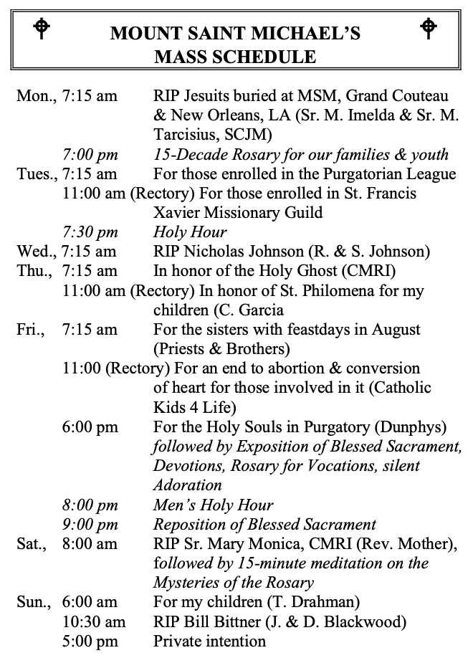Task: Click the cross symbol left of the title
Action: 43,28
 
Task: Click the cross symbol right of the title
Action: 428,28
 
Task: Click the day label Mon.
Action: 34,96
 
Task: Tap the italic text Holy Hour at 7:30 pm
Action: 190,232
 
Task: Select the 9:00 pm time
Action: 90,524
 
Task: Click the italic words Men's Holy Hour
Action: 214,505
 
